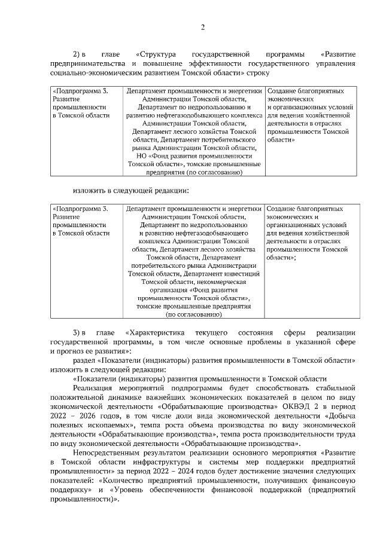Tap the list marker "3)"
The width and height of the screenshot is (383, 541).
pyautogui.click(x=77, y=332)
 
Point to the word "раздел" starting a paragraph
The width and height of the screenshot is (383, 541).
pyautogui.click(x=83, y=361)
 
